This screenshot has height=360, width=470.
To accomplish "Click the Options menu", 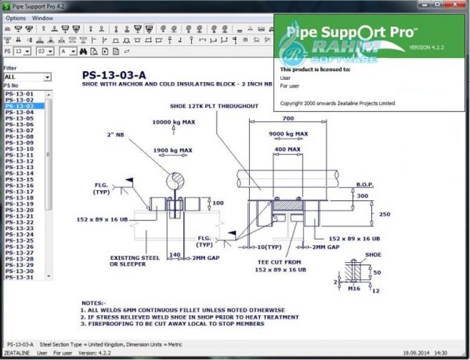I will pyautogui.click(x=16, y=18).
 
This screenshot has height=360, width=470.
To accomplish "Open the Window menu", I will pyautogui.click(x=42, y=18).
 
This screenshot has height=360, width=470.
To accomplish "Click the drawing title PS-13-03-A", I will pyautogui.click(x=113, y=76).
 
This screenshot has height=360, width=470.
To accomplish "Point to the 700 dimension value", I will pyautogui.click(x=287, y=119).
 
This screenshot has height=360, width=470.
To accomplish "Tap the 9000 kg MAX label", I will pyautogui.click(x=289, y=134).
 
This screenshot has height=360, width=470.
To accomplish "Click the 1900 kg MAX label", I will pyautogui.click(x=172, y=150).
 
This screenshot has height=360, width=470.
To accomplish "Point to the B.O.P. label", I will pyautogui.click(x=364, y=185).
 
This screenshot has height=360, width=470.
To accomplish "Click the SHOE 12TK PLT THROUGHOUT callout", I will pyautogui.click(x=214, y=106).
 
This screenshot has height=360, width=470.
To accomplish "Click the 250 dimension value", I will pyautogui.click(x=384, y=215).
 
